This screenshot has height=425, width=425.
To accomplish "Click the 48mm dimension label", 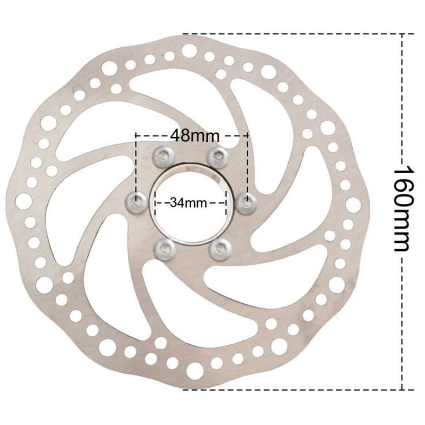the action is point(194,135).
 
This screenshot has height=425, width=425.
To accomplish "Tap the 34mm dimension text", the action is point(189,202).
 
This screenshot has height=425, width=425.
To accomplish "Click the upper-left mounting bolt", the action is point(164,157).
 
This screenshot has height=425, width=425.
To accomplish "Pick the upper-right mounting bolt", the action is point(218,157).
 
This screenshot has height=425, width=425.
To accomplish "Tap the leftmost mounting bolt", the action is point(137,202).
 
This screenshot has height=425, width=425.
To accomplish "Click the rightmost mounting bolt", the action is point(246,203).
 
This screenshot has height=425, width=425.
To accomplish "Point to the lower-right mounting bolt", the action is point(220,249).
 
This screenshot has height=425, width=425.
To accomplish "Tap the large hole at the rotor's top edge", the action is point(190,50).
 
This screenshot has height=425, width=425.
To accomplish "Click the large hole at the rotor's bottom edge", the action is point(194,370).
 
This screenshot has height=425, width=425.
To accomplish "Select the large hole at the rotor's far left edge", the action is point(23,201).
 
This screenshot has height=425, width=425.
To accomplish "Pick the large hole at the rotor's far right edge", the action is point(353,205).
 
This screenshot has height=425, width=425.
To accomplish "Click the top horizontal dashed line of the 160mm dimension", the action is point(298,34).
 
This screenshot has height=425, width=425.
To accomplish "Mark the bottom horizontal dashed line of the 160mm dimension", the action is point(298,390).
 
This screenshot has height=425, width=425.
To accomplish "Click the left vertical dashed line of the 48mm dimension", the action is point(136,168).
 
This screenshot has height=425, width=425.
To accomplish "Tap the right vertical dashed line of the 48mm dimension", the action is point(247,168).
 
